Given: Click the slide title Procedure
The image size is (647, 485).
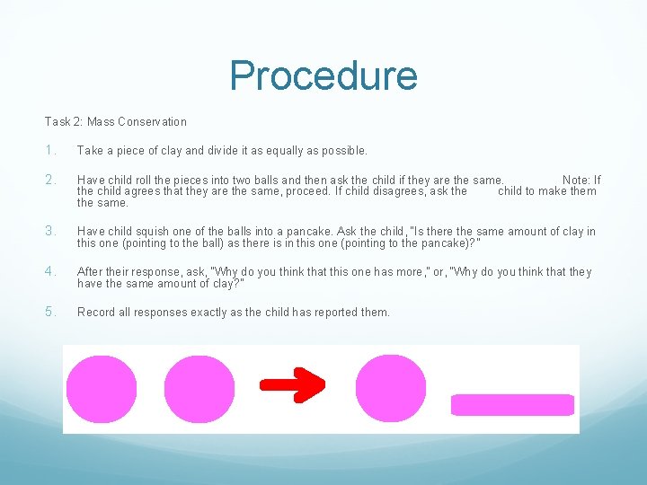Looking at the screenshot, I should pos(323,75).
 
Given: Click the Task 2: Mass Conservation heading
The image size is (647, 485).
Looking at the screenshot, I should pos(116,122).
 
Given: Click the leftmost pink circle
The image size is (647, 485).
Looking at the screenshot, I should pos(102,389).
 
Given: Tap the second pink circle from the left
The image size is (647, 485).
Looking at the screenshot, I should pos(199,389).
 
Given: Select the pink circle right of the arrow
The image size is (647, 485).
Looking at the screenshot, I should pos(391,388).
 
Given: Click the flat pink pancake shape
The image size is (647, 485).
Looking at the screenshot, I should pos(512,405).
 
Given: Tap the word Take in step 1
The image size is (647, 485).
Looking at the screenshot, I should pos(91,150).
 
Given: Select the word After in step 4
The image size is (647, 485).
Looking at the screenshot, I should pos(91,272).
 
